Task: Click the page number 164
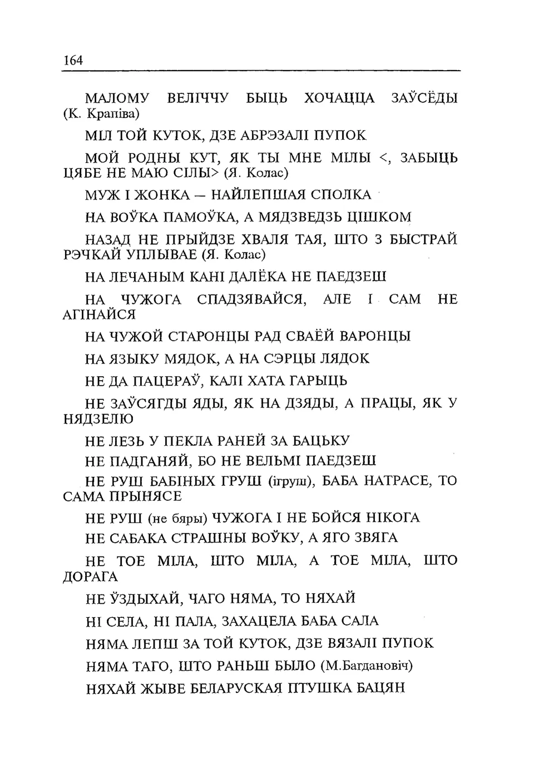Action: [x=73, y=61]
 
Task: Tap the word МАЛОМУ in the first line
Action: [x=117, y=99]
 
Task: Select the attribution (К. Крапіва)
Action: [x=102, y=114]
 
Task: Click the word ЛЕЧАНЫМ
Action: [x=149, y=277]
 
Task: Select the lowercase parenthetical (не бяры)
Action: [x=178, y=518]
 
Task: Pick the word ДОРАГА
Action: [x=91, y=577]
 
